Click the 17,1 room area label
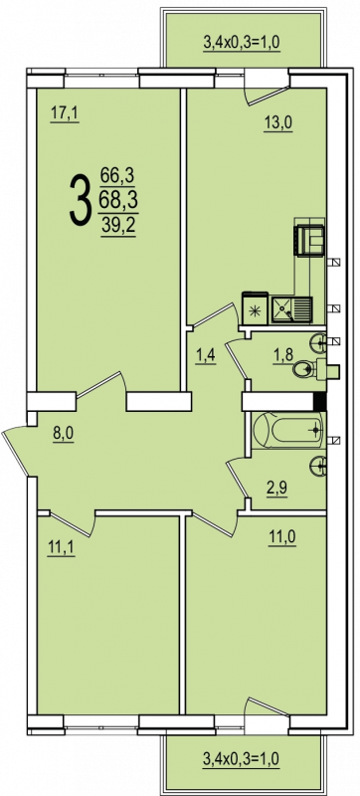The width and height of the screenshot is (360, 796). pyautogui.click(x=65, y=114)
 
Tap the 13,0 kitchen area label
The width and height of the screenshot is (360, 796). pyautogui.click(x=278, y=122)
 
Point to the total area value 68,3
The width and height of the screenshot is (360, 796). pyautogui.click(x=119, y=201)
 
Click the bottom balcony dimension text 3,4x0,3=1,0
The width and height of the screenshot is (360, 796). pyautogui.click(x=242, y=760)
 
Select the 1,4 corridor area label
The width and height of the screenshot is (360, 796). pyautogui.click(x=207, y=355)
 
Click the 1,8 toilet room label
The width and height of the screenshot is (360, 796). pyautogui.click(x=283, y=355)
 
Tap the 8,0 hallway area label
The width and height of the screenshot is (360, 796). pyautogui.click(x=64, y=435)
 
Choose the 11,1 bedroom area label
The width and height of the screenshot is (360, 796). pyautogui.click(x=61, y=550)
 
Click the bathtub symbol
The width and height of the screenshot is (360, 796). pyautogui.click(x=287, y=431)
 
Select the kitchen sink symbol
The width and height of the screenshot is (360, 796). pyautogui.click(x=291, y=309)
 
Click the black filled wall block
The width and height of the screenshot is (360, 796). pyautogui.click(x=320, y=402)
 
